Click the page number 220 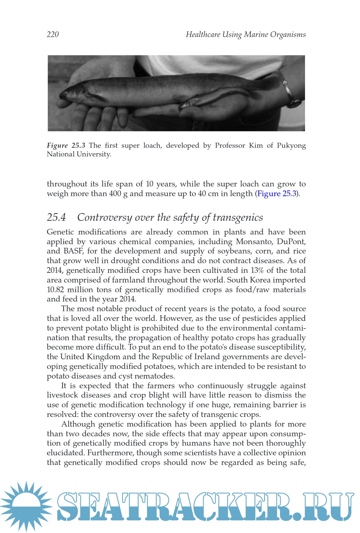53,34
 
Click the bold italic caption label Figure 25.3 66,145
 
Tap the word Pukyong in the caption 291,146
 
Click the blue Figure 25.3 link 277,194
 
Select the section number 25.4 56,217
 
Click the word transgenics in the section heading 238,217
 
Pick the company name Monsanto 254,241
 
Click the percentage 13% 257,270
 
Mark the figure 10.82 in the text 55,290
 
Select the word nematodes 154,376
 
